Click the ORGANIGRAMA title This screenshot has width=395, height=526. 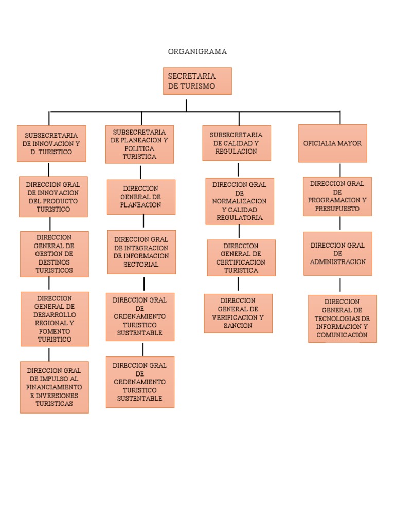tap(197, 52)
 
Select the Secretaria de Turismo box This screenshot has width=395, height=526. tap(197, 81)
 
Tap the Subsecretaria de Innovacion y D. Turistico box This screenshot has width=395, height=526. tap(51, 144)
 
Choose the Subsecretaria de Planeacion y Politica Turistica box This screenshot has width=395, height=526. tap(139, 144)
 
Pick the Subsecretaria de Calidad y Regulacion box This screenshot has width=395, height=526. tap(236, 143)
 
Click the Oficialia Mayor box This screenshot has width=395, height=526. tap(332, 143)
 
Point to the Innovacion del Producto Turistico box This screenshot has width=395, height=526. tap(53, 197)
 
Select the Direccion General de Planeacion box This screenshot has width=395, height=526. tap(141, 197)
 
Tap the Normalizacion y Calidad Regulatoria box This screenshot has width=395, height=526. tap(239, 201)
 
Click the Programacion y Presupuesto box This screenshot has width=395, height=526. tap(337, 196)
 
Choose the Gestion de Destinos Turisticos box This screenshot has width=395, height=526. tap(54, 254)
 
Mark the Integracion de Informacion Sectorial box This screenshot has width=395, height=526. tap(141, 252)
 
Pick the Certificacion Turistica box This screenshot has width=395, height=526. tap(241, 258)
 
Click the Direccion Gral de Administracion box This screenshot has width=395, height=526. tap(337, 253)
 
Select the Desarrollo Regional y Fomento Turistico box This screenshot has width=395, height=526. tap(55, 319)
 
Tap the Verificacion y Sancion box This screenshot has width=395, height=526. tap(238, 313)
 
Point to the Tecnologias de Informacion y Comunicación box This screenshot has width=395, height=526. tap(342, 318)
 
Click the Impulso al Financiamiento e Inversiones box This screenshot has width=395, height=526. tap(54, 387)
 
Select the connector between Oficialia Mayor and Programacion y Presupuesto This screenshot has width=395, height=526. tap(340, 170)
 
